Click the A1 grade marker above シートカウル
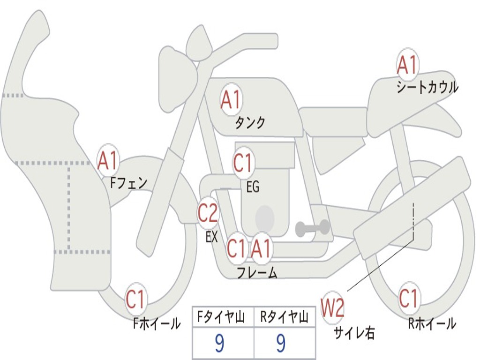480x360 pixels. [x=407, y=65]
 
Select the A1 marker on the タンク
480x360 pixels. [x=231, y=99]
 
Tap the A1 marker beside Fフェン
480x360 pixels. [x=108, y=160]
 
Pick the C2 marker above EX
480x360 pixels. [x=208, y=213]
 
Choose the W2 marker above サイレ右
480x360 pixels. [x=332, y=307]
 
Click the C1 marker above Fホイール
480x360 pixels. [x=135, y=299]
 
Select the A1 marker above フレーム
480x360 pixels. [x=261, y=248]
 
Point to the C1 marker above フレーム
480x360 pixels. [x=236, y=248]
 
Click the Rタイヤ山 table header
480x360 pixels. [x=285, y=317]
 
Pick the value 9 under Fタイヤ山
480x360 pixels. [x=219, y=344]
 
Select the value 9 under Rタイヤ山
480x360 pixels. [x=281, y=344]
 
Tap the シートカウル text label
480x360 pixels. [x=427, y=87]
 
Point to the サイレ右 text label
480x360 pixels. [x=354, y=332]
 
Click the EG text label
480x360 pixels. [x=253, y=187]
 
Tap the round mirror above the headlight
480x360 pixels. [x=199, y=46]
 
